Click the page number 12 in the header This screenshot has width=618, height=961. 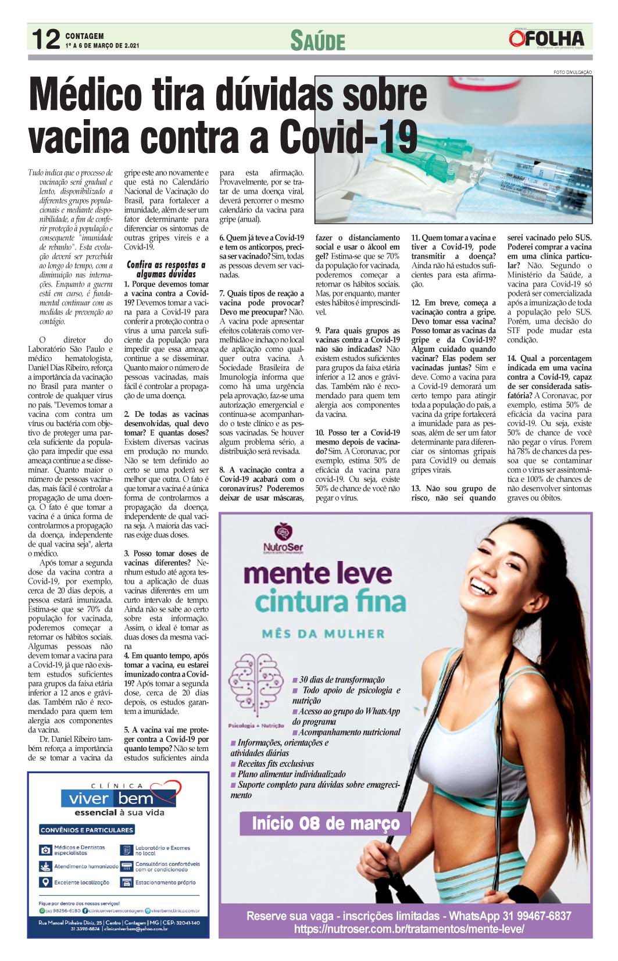click(45, 40)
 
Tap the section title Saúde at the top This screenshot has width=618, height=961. click(317, 41)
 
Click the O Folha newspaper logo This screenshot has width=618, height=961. click(546, 39)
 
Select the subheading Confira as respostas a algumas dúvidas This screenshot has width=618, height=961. click(166, 269)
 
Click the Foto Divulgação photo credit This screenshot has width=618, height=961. click(572, 72)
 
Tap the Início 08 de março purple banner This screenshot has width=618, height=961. click(326, 824)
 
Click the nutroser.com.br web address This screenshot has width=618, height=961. click(409, 930)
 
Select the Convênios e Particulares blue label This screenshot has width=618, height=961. click(87, 830)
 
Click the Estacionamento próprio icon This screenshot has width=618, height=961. click(127, 882)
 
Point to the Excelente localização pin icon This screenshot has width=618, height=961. click(45, 882)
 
